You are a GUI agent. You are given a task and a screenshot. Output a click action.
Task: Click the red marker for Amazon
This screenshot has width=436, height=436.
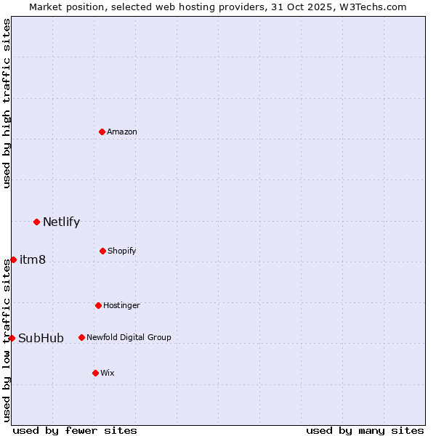(102, 132)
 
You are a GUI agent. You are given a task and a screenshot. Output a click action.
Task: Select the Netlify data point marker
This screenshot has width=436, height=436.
(36, 222)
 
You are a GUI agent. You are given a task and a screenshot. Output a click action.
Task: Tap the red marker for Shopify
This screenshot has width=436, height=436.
(102, 251)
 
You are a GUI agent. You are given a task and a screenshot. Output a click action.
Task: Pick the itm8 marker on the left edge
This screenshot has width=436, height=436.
(13, 259)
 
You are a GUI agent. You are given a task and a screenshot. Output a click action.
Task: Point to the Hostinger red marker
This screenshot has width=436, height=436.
(98, 305)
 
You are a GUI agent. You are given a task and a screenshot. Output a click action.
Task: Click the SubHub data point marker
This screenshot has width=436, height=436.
(12, 338)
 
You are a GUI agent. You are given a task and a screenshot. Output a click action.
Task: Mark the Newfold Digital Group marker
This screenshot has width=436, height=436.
(81, 337)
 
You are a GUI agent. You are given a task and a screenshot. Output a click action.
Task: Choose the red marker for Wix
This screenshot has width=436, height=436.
(95, 373)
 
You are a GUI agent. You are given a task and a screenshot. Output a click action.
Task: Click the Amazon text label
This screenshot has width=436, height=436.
(122, 132)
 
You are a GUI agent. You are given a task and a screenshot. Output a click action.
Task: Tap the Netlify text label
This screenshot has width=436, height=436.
(61, 222)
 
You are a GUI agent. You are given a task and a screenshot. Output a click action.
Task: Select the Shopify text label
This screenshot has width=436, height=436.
(122, 251)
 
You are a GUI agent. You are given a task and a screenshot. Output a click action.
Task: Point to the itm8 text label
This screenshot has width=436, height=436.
(33, 259)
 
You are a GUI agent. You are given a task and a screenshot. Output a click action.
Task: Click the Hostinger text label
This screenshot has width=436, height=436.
(121, 305)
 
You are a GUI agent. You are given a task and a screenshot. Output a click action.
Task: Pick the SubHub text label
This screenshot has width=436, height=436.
(41, 338)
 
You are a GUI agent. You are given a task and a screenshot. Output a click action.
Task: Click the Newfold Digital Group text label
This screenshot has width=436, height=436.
(129, 337)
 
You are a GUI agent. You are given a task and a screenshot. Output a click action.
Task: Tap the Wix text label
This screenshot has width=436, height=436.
(108, 373)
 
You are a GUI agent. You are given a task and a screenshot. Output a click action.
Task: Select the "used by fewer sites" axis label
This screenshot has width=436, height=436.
(75, 430)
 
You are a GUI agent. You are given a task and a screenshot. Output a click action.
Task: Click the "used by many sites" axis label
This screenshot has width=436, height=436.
(365, 430)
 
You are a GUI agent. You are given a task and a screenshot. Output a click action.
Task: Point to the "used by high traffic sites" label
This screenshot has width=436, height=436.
(7, 103)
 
